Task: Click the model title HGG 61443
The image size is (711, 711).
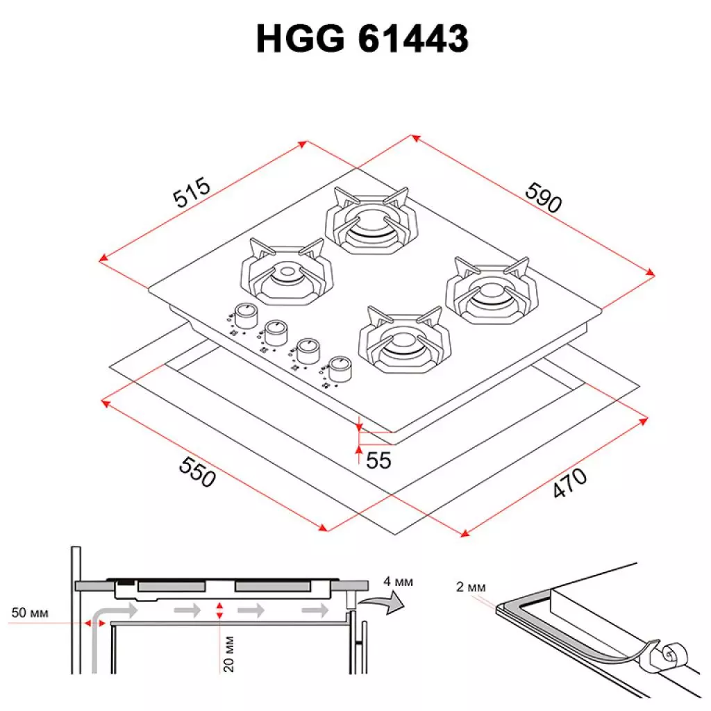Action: [362, 40]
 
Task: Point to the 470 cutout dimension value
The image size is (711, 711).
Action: [570, 483]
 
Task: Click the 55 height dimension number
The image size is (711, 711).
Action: [379, 460]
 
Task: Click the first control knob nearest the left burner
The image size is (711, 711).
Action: [244, 316]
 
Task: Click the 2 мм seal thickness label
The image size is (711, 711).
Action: [471, 587]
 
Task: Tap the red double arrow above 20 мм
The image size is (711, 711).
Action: [219, 611]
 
